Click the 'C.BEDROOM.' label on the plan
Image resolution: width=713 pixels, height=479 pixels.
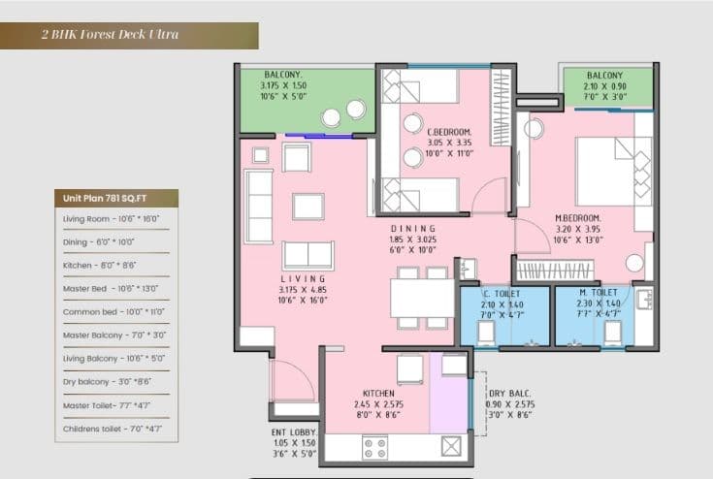[x=449, y=131]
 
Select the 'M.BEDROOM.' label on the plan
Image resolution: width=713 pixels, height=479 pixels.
[x=577, y=217]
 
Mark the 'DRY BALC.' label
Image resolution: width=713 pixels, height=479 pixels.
[x=508, y=392]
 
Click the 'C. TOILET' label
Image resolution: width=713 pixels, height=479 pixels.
[x=502, y=293]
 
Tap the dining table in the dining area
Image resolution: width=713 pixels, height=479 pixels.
[x=422, y=298]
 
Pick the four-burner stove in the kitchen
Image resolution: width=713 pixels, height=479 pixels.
[x=373, y=447]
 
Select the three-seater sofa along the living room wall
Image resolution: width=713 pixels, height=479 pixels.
[x=259, y=206]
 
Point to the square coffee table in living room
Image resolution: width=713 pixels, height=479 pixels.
[x=308, y=207]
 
